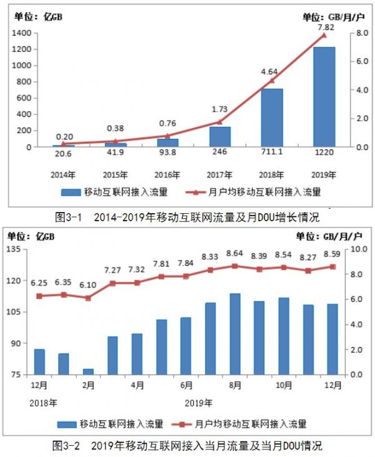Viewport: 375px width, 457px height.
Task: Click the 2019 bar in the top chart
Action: click(x=324, y=97)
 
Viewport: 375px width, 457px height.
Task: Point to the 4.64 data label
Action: click(x=268, y=71)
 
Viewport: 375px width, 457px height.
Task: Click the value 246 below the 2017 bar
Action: click(x=219, y=154)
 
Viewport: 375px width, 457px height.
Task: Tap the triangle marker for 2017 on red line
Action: click(x=219, y=122)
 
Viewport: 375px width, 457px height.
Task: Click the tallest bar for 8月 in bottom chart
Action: click(x=235, y=334)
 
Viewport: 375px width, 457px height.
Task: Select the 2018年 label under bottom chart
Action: click(x=39, y=401)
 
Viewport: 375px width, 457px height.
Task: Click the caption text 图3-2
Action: click(x=65, y=446)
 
